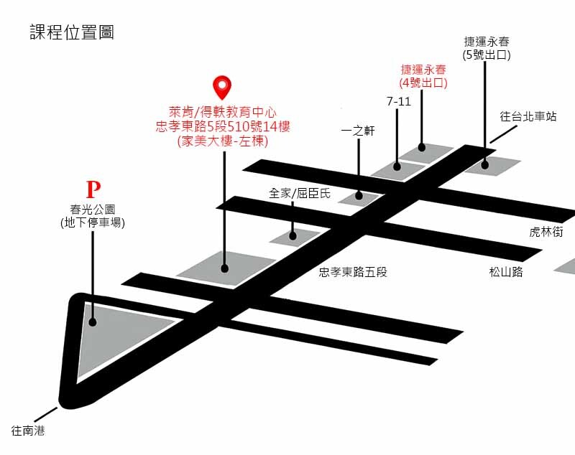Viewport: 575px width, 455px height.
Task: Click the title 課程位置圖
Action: [72, 32]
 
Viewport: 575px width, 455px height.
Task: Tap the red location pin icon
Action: [224, 88]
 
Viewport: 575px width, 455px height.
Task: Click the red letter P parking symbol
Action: [93, 190]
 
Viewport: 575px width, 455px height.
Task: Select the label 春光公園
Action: [93, 210]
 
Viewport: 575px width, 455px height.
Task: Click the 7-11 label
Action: [398, 101]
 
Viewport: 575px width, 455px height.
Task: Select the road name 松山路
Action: [506, 272]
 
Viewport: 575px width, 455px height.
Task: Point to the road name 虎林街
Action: [546, 232]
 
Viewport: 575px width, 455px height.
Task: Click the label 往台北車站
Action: [528, 116]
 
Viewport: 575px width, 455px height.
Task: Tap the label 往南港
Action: [28, 431]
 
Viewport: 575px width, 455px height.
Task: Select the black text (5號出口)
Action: [487, 54]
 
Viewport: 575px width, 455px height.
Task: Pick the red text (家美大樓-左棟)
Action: [222, 141]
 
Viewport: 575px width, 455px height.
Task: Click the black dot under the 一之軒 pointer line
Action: [359, 196]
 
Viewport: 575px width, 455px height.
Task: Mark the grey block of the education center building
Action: [224, 266]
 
